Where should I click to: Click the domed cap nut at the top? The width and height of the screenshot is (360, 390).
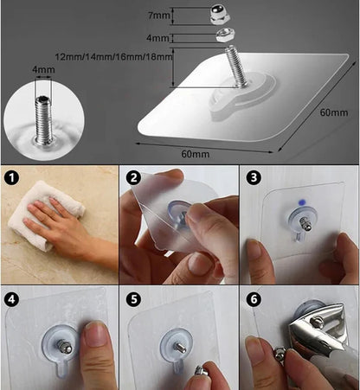coord(220,16)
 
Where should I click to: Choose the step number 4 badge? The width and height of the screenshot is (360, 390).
coord(12,298)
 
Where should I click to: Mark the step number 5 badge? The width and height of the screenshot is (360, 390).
coord(132,298)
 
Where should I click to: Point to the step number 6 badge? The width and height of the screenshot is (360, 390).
coord(254,298)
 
